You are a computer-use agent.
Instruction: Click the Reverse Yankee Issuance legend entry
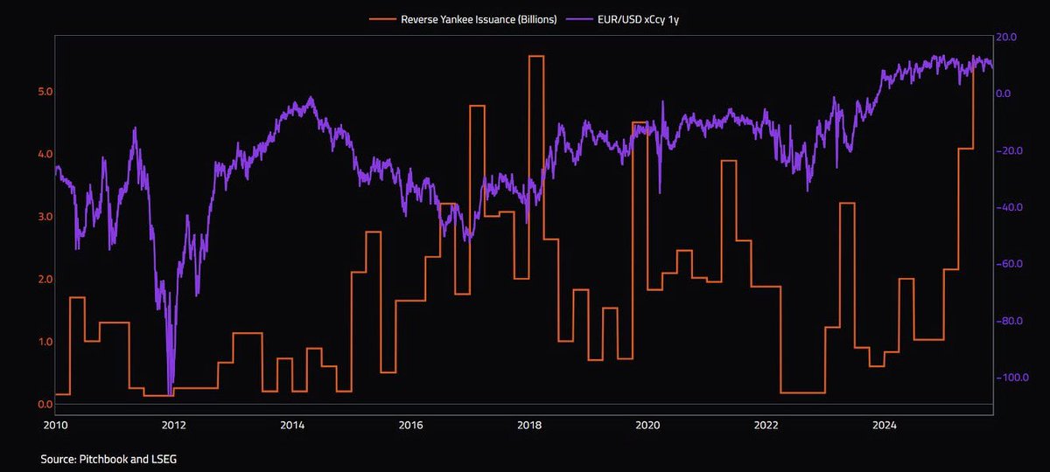[463, 19]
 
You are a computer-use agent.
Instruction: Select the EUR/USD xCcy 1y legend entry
[622, 19]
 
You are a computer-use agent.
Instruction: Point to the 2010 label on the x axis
[55, 425]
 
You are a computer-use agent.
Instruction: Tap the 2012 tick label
[173, 425]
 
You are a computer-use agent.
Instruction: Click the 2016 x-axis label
[410, 425]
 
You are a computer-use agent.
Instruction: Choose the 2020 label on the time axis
[647, 425]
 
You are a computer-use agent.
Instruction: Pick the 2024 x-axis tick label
[885, 425]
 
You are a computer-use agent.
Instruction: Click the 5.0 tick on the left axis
[45, 91]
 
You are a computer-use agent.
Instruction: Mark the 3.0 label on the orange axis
[45, 217]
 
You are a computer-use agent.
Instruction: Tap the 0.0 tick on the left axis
[45, 405]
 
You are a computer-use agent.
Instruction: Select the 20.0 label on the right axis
[1006, 37]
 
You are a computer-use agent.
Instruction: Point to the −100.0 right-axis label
[1011, 378]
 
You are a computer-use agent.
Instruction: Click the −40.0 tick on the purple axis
[1009, 207]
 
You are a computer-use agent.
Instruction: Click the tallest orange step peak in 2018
[536, 56]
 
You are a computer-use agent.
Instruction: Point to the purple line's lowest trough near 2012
[170, 395]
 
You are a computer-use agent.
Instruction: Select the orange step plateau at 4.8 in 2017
[477, 106]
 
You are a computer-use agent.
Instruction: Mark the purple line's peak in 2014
[311, 97]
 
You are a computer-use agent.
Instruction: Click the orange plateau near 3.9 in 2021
[728, 161]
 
